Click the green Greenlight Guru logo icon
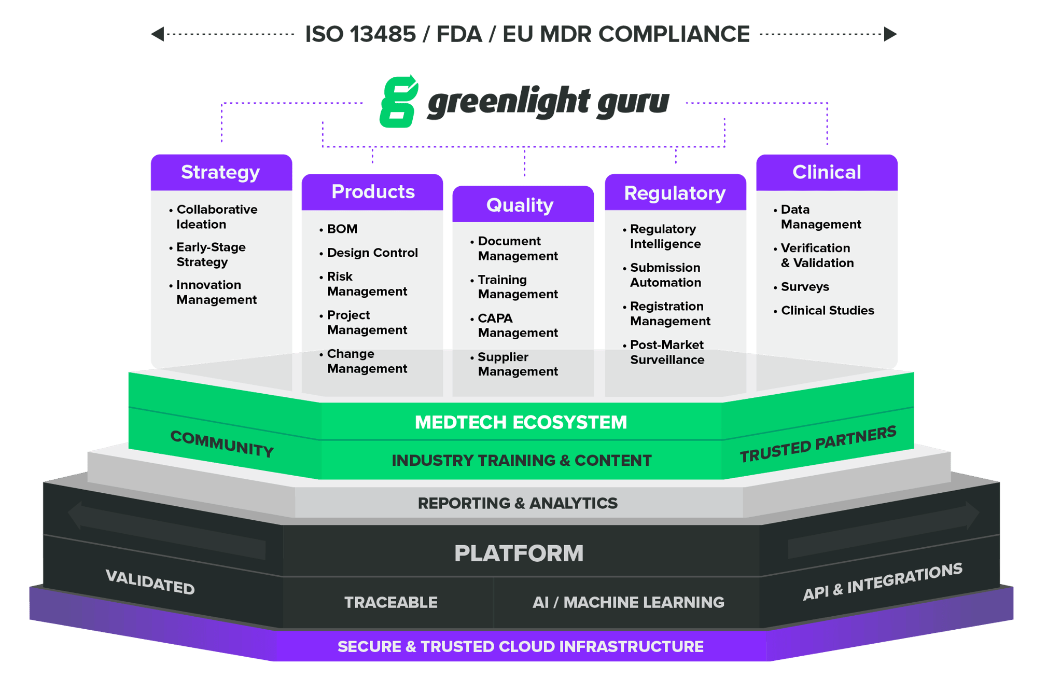398,102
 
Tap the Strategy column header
221,172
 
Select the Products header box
372,192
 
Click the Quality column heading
520,205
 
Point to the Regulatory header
675,193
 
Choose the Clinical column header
827,172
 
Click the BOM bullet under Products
342,229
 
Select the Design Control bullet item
372,253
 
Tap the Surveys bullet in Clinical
804,286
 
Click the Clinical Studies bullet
827,310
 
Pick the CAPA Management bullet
516,325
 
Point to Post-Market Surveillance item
666,352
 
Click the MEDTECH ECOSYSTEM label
521,422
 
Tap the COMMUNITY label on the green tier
222,444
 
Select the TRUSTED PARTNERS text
818,445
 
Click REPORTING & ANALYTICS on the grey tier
518,503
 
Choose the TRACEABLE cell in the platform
390,602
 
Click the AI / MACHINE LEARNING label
628,602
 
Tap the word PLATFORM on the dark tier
519,553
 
